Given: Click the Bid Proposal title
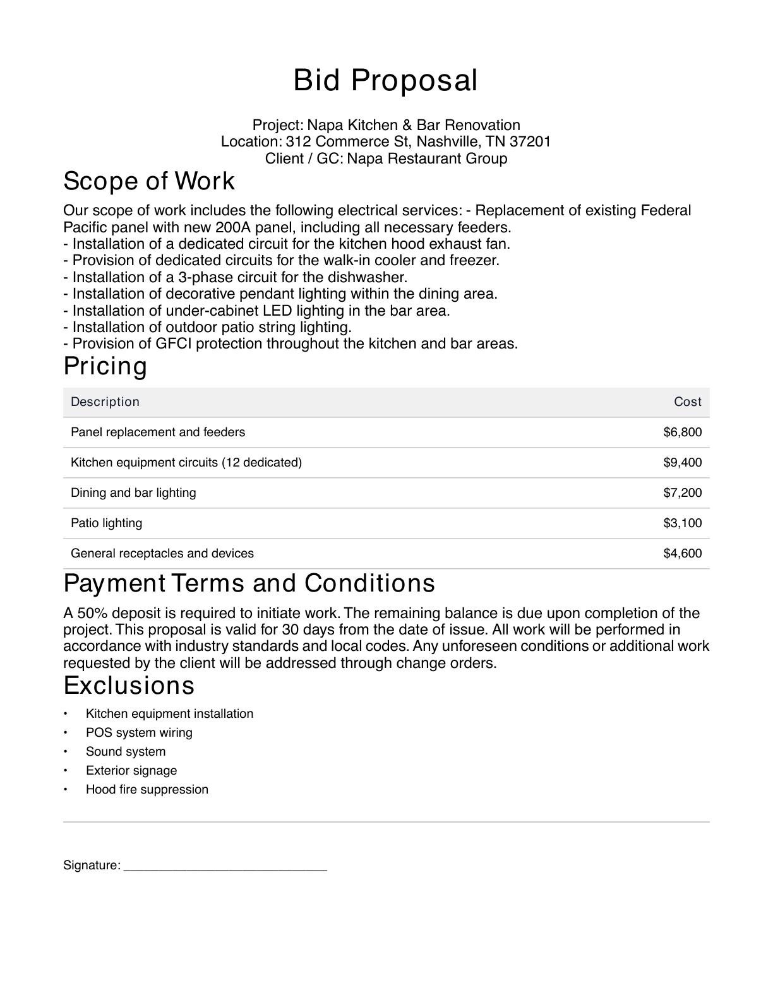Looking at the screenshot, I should pos(385,81).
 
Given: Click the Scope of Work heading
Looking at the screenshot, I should pos(149,181).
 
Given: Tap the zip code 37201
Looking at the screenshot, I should pos(530,141).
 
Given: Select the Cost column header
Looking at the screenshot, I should pos(687,402).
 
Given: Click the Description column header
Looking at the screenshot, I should pos(105,402).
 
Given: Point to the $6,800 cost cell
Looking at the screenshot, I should pos(682,432).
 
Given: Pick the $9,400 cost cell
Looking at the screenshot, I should pos(682,463).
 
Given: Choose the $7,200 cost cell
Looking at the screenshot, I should pos(682,493).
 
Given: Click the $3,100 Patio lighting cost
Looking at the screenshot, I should pos(682,523).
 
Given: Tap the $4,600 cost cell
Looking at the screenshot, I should pos(682,554).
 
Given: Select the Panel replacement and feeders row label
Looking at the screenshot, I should pos(158,432).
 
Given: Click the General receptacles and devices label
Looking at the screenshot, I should pos(162,554).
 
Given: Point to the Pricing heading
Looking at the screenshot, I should pos(105,367).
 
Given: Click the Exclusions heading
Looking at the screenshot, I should pos(129,686).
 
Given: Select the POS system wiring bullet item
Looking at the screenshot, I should pos(139,733).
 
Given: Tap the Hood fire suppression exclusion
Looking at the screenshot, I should pos(147,790).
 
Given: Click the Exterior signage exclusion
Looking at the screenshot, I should pos(131,771).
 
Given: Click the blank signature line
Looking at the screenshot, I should pos(225,866).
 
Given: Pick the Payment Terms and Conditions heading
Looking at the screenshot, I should pos(249,583).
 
